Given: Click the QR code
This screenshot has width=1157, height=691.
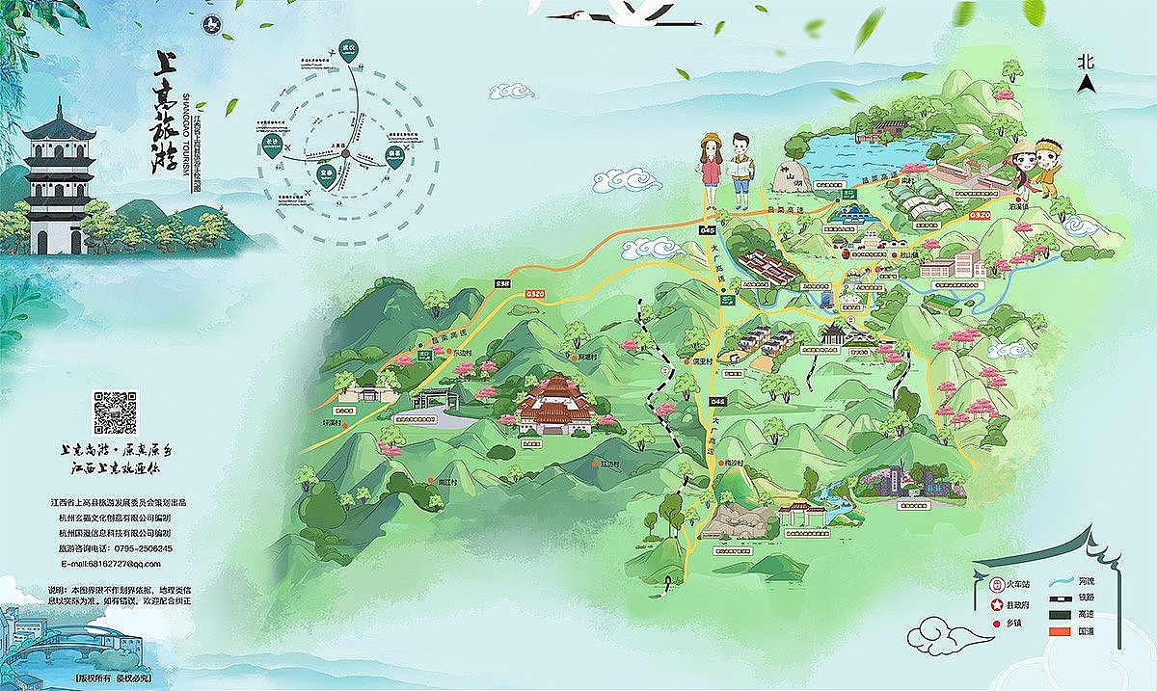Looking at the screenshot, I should [116, 412].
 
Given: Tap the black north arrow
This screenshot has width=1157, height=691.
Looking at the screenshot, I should [1087, 84].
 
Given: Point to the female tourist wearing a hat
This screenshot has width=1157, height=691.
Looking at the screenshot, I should [711, 169].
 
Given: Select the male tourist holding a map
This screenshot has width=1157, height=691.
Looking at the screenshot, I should [740, 172].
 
